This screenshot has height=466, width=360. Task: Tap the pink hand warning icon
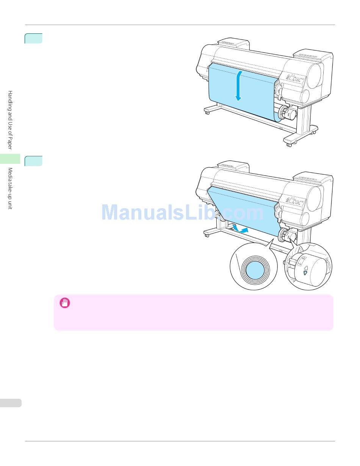(65, 303)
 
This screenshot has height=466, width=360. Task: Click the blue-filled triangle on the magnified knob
(305, 272)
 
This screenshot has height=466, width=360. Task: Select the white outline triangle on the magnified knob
(305, 267)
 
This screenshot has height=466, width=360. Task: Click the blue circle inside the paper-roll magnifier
(254, 270)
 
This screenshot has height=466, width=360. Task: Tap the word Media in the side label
(11, 175)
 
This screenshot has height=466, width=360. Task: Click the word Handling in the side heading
(11, 100)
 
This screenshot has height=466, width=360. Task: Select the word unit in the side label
(11, 205)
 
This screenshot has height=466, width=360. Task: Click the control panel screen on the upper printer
(293, 78)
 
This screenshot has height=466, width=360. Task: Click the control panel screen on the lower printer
(293, 201)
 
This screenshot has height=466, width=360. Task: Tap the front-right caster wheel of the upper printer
(289, 144)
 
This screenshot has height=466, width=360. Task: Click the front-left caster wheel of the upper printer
(207, 113)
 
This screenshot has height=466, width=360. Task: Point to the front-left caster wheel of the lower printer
(207, 235)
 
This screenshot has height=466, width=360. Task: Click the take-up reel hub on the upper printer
(283, 112)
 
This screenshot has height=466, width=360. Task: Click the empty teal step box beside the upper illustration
(33, 38)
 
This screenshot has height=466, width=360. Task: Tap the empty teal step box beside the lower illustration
(33, 161)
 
